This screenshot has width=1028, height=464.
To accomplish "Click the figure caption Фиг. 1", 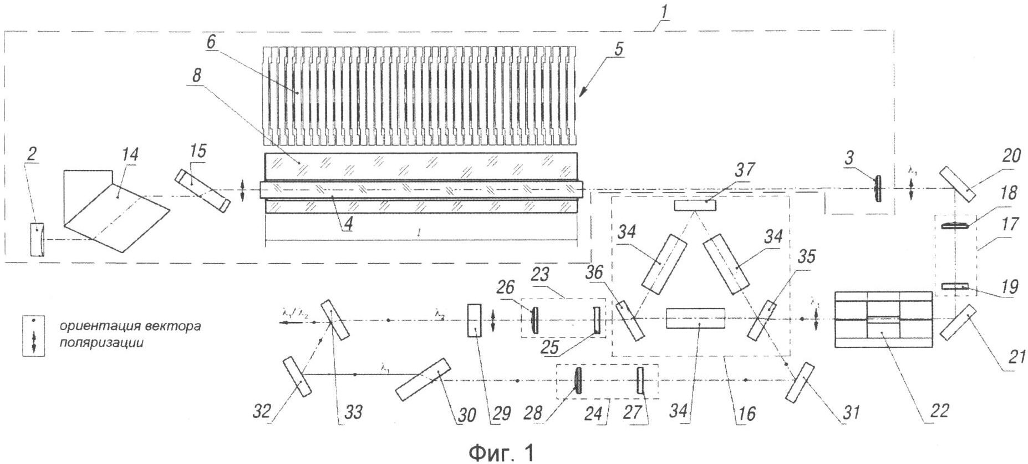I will click(x=502, y=452).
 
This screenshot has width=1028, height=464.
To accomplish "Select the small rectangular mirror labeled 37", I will click(x=695, y=205).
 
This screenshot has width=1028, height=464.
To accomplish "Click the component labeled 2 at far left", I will click(x=37, y=239).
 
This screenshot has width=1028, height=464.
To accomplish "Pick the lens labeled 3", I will click(x=878, y=189).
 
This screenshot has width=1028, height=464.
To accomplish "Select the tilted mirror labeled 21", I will click(x=958, y=322).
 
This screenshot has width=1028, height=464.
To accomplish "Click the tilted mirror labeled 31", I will click(x=800, y=381).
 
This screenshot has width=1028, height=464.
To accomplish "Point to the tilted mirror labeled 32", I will click(x=297, y=377).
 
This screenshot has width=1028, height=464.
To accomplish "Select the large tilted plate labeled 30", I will click(x=423, y=379).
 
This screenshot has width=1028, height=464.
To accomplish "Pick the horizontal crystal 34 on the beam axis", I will click(x=695, y=319).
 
